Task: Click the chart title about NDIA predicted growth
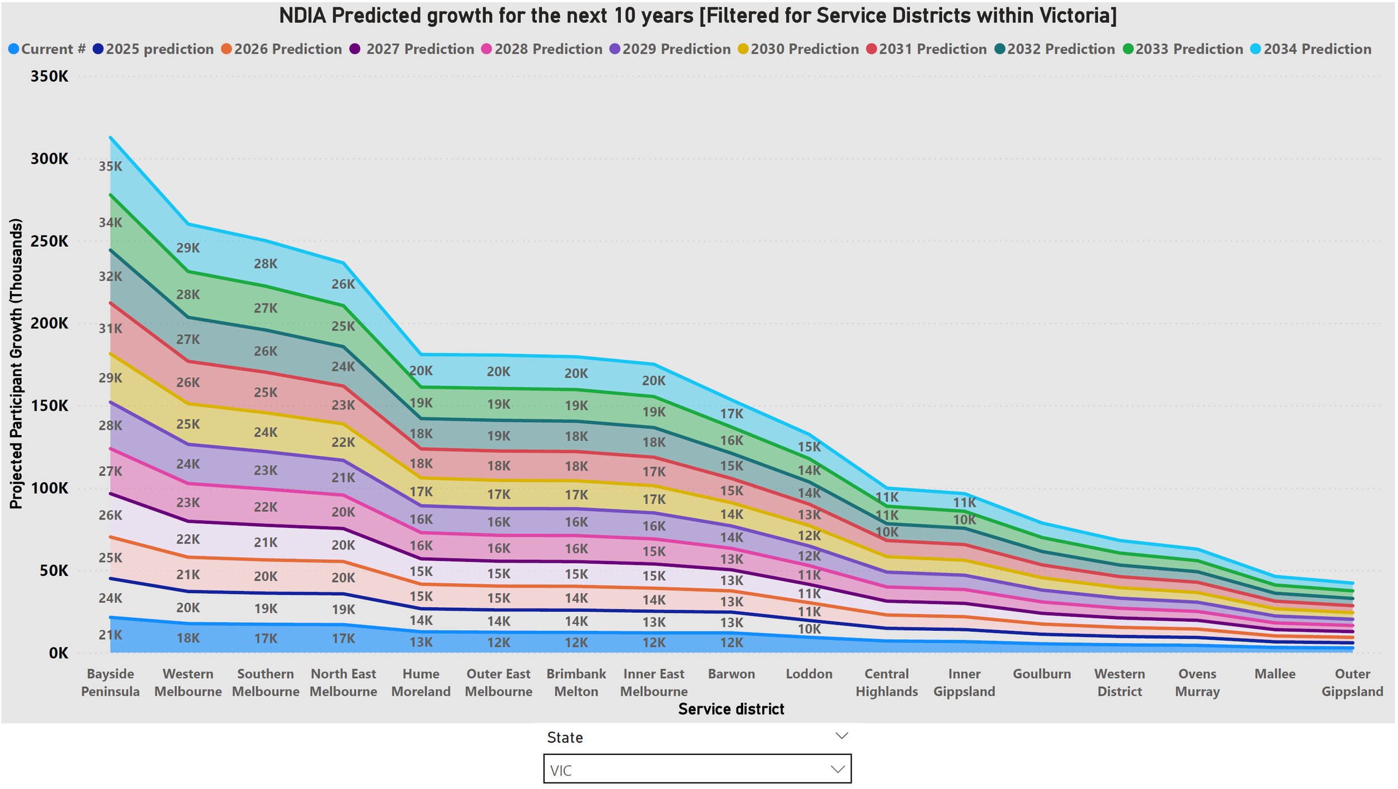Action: (x=697, y=16)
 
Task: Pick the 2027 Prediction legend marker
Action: (x=355, y=49)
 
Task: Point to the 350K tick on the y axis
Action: (x=49, y=77)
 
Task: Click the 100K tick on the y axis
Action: (x=49, y=488)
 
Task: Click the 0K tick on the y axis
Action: (x=58, y=653)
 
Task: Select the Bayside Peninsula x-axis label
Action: (x=110, y=682)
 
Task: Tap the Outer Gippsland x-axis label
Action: (x=1352, y=682)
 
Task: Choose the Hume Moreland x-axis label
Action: (x=421, y=682)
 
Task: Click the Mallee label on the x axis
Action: (x=1274, y=674)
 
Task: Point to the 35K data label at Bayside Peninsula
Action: (x=110, y=166)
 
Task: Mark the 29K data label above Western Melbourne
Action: (x=188, y=248)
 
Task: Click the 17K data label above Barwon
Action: (x=731, y=414)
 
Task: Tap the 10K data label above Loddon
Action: (x=809, y=629)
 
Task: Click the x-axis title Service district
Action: (x=731, y=709)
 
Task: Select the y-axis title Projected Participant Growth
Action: (x=16, y=363)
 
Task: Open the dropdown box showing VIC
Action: (x=697, y=769)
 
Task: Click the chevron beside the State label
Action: (x=841, y=736)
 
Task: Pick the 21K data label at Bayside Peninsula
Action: (x=110, y=635)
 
